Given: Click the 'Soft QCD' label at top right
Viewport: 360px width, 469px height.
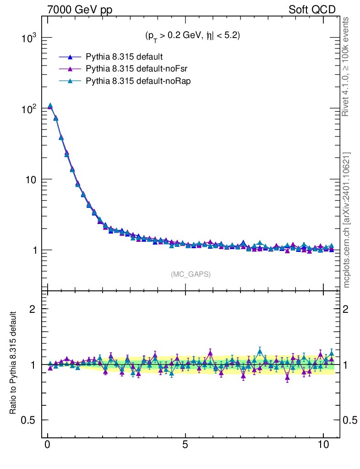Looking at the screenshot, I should (312, 10).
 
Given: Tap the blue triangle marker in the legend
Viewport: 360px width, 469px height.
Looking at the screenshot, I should (70, 57).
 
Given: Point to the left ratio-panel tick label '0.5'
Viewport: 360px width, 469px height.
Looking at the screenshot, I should (29, 420).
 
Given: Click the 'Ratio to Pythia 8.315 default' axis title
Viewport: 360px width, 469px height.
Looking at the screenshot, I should (13, 364).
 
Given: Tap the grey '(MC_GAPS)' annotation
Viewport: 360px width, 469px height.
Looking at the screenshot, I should (191, 274).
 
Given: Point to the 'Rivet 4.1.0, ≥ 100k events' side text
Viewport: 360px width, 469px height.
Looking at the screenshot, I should (346, 66).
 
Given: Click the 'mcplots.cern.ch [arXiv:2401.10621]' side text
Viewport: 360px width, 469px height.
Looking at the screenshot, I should (346, 220).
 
